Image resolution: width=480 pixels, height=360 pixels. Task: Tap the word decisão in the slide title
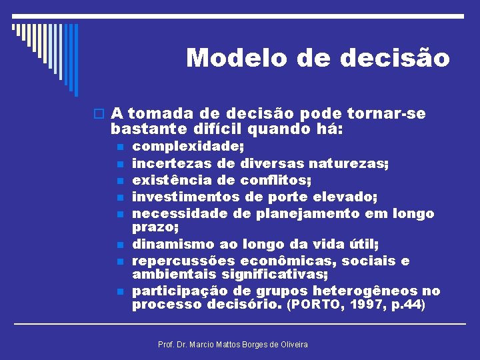395,58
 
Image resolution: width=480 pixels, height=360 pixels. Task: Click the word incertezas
172,163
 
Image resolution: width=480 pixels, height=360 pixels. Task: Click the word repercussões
183,261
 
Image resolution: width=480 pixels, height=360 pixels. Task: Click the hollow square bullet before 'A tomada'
99,114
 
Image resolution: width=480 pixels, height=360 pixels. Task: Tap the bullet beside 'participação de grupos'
119,292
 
